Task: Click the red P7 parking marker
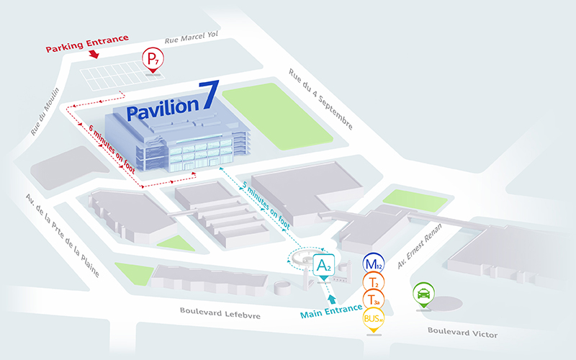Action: coord(152,59)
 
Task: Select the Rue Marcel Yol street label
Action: coord(191,40)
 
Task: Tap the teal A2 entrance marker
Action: coord(324,266)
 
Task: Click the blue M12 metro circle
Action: coord(373,264)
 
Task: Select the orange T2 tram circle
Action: coord(373,282)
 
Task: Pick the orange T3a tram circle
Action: coord(373,300)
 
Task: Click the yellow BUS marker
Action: coord(373,318)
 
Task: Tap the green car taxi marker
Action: coord(423,294)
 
